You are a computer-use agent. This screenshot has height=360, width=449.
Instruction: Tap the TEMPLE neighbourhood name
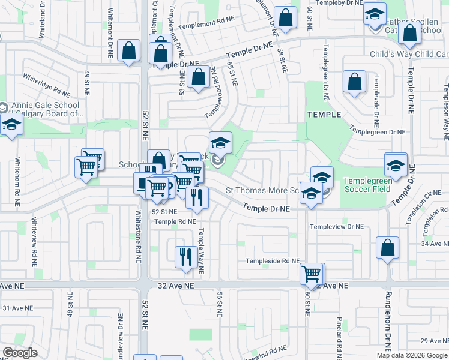pos(324,115)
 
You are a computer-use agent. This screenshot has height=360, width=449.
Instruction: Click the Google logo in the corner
pos(20,353)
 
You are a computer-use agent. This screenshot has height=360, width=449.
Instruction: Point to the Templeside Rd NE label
pos(272,261)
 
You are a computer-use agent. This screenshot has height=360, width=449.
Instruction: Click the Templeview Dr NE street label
pos(336,227)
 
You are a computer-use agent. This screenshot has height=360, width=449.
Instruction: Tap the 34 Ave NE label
pos(435,243)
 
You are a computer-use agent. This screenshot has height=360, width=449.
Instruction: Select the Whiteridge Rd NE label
pos(46,85)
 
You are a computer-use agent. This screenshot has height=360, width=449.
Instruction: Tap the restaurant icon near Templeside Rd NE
pos(184,257)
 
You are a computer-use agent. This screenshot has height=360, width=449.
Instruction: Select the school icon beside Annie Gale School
pos(11,125)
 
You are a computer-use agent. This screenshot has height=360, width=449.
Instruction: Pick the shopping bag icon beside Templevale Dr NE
pos(354,81)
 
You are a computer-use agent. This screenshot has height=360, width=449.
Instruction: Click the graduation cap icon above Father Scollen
pos(375,13)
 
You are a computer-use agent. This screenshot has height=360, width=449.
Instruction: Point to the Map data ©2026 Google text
pos(411,355)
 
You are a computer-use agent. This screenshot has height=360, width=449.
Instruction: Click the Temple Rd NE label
pos(175,221)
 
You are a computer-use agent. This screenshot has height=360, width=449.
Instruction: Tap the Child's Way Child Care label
pos(409,55)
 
